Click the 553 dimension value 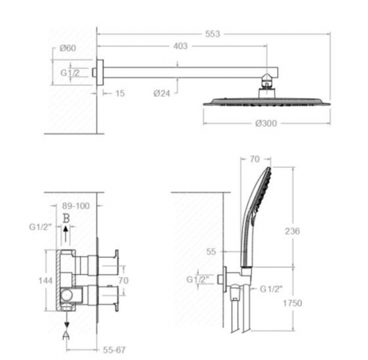click(213, 34)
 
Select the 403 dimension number click(181, 46)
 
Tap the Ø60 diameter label click(68, 48)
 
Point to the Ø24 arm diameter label click(162, 93)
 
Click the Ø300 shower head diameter click(266, 124)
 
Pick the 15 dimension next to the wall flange click(120, 93)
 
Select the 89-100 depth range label click(76, 206)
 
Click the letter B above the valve click(66, 218)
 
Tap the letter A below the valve click(66, 335)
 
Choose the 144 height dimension click(46, 281)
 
